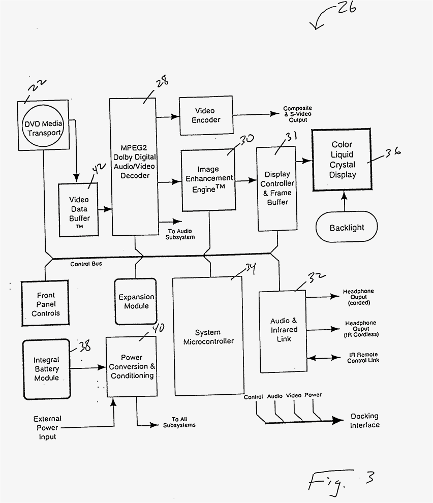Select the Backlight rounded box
347,227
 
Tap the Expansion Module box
136,301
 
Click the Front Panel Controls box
45,303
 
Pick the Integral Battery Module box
46,369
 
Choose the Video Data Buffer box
79,209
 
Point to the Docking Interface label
364,421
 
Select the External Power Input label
47,427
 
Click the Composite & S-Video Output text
297,114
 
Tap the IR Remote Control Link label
363,357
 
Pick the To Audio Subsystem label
180,234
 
